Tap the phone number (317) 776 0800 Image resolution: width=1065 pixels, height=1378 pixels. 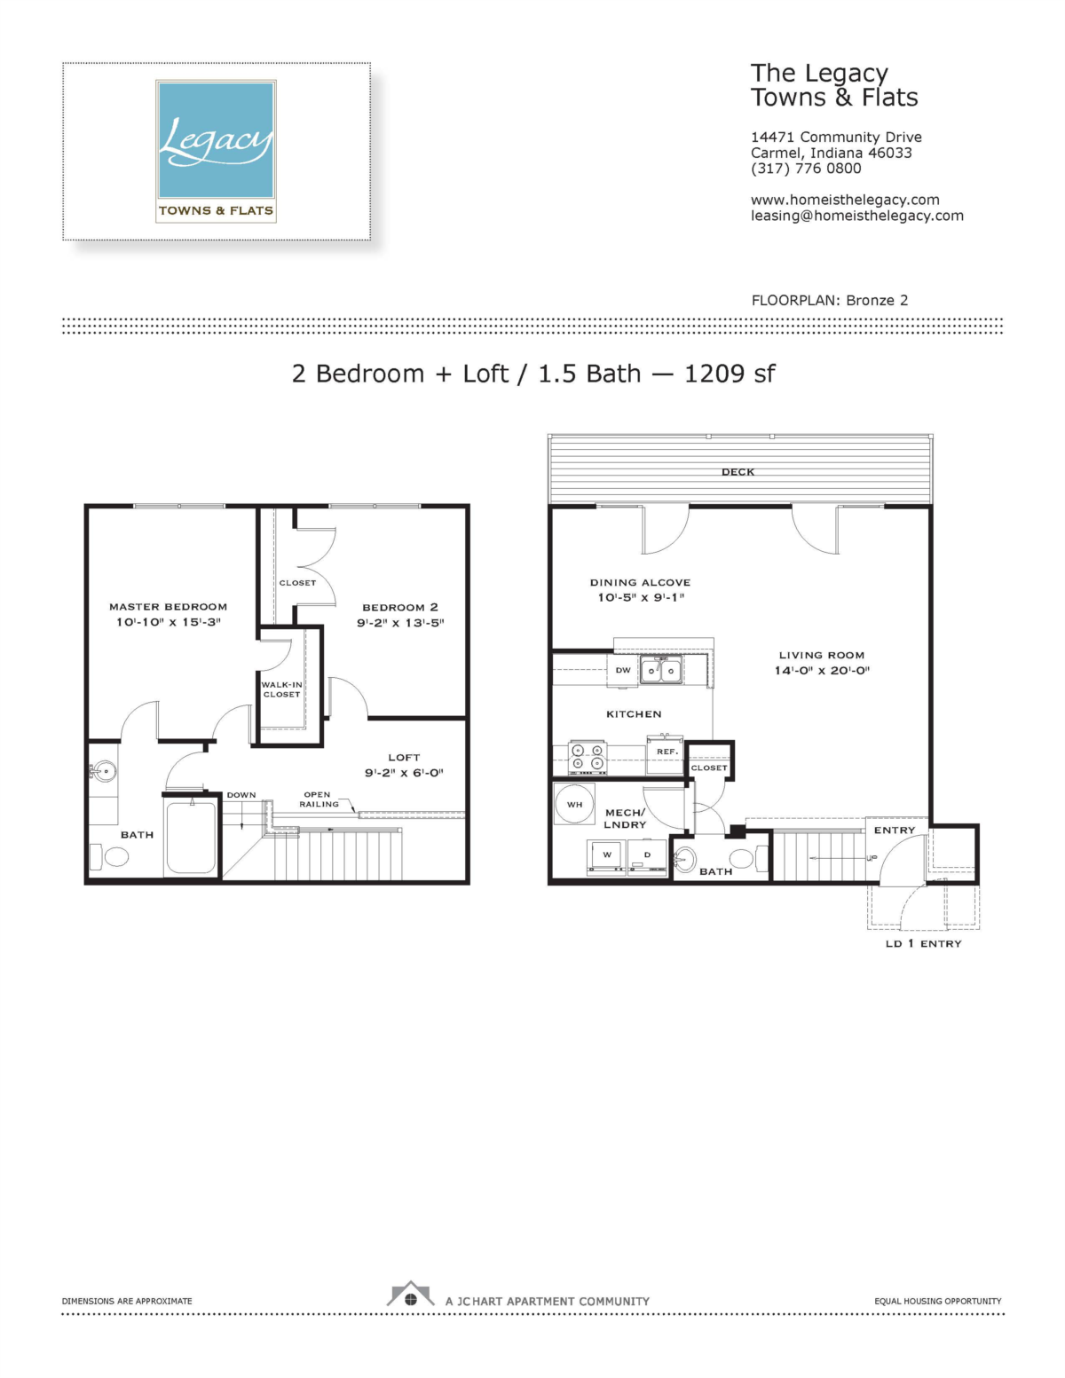click(806, 169)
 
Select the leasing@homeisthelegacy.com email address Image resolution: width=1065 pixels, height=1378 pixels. click(857, 216)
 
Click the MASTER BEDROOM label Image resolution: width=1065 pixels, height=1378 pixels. click(168, 607)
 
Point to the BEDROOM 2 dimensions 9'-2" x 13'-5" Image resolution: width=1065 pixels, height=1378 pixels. click(400, 623)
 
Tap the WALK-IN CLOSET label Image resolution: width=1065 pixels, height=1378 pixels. click(281, 689)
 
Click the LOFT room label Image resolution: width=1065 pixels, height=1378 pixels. click(404, 757)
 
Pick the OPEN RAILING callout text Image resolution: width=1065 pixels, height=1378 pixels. click(319, 799)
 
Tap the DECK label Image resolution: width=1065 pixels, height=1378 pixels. click(738, 472)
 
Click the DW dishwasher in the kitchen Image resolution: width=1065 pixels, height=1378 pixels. click(623, 670)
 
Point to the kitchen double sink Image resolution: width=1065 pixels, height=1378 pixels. click(661, 670)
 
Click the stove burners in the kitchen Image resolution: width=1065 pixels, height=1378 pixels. click(588, 758)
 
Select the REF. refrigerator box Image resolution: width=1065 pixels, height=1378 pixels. click(666, 754)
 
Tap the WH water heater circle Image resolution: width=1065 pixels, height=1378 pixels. click(575, 804)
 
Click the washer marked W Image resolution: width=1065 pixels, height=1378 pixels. click(606, 857)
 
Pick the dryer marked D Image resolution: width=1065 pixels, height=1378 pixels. click(647, 857)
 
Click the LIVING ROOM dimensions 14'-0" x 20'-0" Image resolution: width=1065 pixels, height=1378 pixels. click(822, 670)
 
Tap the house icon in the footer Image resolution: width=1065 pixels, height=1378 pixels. click(410, 1294)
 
